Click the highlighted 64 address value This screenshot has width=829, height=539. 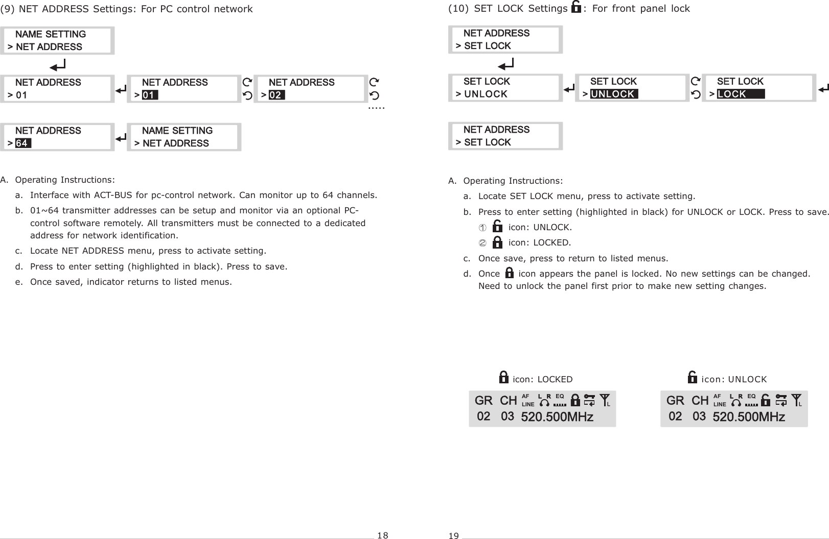23,143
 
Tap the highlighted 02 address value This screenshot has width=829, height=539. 277,95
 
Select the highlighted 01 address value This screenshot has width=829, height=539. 150,95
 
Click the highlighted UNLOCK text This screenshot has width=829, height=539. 614,94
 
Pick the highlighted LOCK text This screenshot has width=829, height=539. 740,94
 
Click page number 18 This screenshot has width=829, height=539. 382,535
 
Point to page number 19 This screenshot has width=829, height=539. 453,535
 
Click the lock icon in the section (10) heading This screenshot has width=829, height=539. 576,8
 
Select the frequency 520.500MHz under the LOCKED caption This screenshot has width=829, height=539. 557,417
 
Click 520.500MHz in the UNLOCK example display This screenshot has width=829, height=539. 749,417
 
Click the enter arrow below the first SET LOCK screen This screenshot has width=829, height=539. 506,64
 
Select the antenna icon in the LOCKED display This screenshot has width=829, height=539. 605,399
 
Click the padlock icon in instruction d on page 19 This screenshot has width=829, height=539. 509,274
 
